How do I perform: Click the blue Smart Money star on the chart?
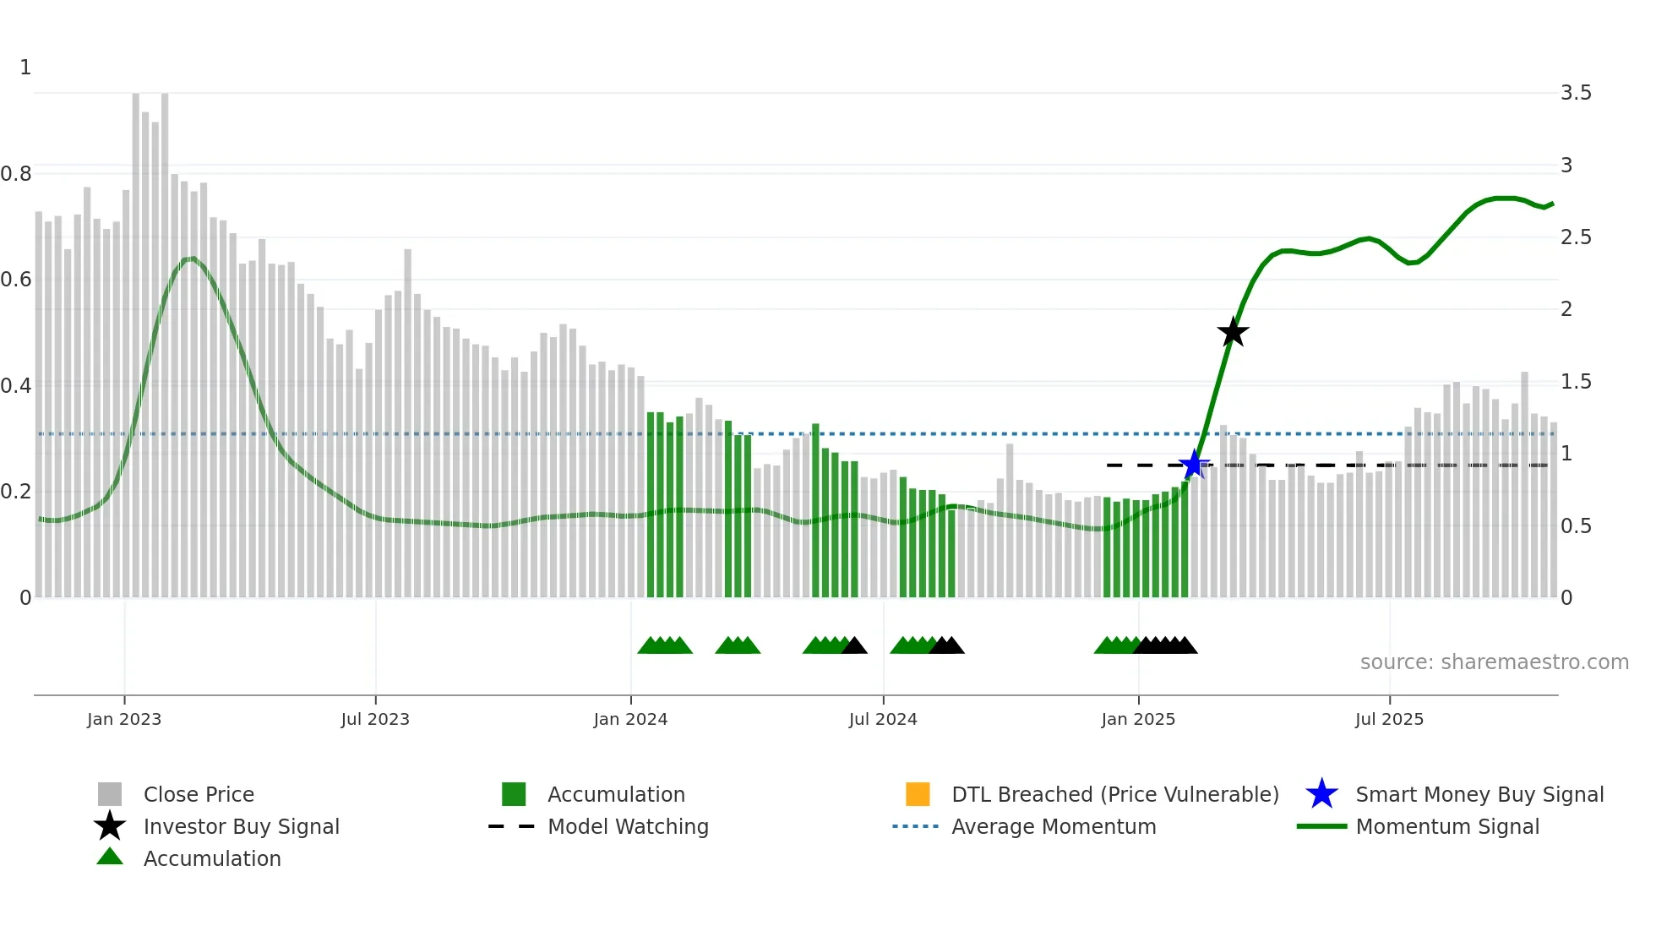(1193, 464)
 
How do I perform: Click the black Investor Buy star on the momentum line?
(1233, 332)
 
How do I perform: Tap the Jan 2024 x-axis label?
(630, 719)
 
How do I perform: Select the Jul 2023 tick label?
(375, 719)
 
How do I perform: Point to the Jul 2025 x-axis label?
(1389, 719)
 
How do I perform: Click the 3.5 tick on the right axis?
(1576, 93)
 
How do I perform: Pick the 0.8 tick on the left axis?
(16, 174)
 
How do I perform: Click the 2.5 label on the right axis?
(1576, 237)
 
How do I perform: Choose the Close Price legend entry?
(199, 794)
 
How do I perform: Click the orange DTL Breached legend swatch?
(918, 794)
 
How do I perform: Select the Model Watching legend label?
(628, 826)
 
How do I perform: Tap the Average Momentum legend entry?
(1054, 826)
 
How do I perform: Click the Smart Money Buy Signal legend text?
(1479, 794)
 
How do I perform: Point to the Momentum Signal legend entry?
(1447, 826)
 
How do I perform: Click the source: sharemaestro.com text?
(1494, 662)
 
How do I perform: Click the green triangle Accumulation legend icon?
(110, 857)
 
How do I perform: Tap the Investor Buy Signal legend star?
(110, 826)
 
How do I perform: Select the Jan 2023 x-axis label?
(124, 719)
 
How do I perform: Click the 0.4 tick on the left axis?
(16, 386)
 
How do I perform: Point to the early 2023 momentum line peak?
(193, 259)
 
